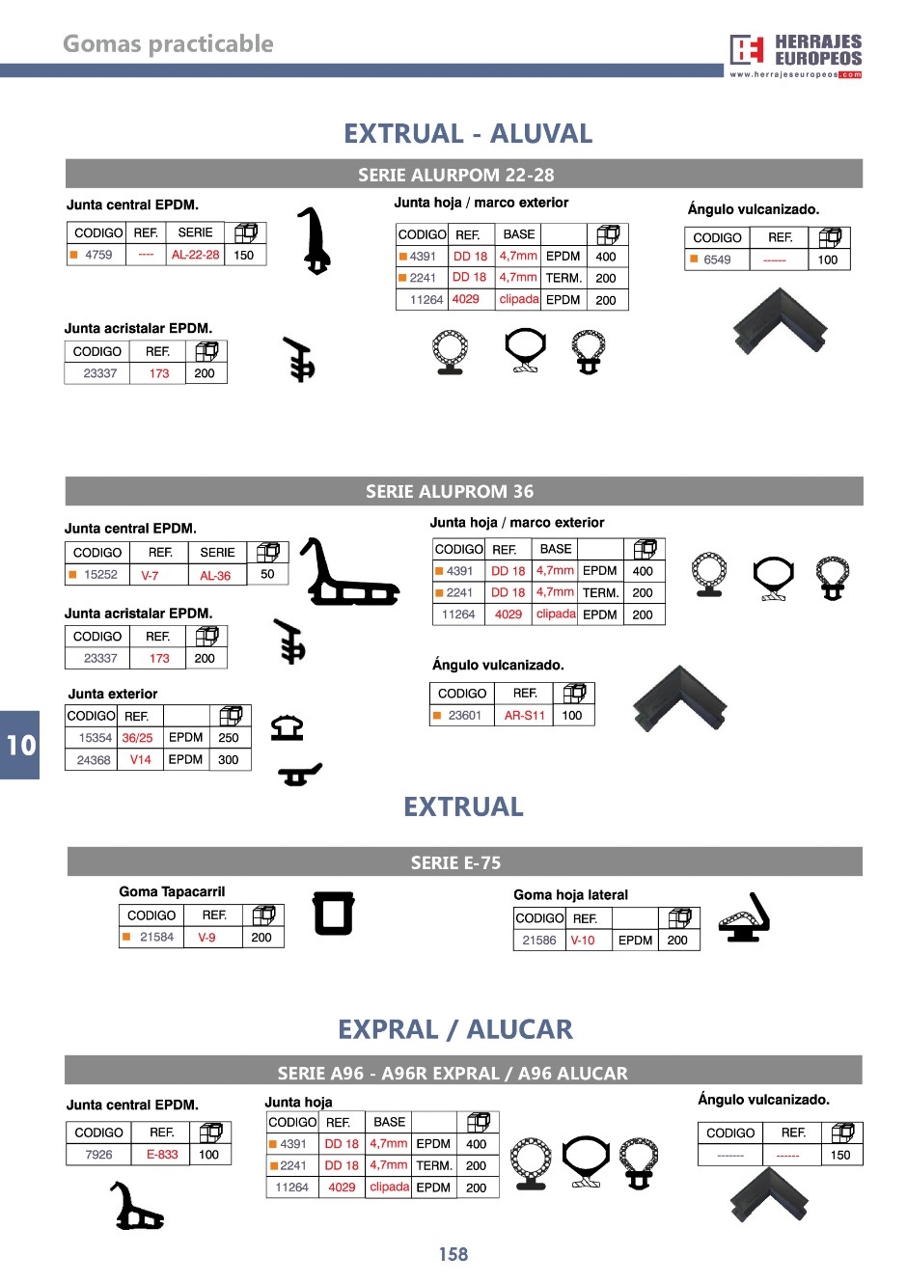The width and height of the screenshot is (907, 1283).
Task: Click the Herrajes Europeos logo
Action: pyautogui.click(x=795, y=56)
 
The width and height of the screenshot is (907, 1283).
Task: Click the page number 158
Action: pyautogui.click(x=453, y=1254)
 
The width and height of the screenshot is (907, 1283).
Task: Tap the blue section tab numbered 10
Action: pyautogui.click(x=20, y=745)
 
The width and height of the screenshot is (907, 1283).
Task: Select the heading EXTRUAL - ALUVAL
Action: pyautogui.click(x=468, y=133)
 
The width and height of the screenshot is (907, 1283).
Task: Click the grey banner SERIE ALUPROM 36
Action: pyautogui.click(x=450, y=491)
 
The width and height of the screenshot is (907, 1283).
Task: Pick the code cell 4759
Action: pyautogui.click(x=98, y=255)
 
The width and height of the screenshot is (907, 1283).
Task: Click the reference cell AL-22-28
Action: pyautogui.click(x=195, y=255)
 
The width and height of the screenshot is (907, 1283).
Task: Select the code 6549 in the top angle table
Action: pyautogui.click(x=717, y=259)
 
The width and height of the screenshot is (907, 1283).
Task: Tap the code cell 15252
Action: pyautogui.click(x=100, y=574)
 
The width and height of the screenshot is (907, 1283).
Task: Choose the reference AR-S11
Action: pyautogui.click(x=524, y=716)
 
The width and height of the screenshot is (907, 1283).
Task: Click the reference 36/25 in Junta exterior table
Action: pyautogui.click(x=137, y=738)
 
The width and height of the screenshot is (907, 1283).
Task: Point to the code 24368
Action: pyautogui.click(x=94, y=760)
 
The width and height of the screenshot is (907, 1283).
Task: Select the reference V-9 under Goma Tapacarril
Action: pyautogui.click(x=206, y=937)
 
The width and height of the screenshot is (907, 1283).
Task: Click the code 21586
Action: pyautogui.click(x=539, y=941)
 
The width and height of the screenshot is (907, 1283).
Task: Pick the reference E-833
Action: pyautogui.click(x=162, y=1155)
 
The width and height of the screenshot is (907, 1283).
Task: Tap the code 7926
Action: pyautogui.click(x=98, y=1155)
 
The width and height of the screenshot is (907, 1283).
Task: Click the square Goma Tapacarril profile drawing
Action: pyautogui.click(x=334, y=913)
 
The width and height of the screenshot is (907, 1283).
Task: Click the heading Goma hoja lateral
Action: pyautogui.click(x=570, y=894)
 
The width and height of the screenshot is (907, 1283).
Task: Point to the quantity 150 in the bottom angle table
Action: pyautogui.click(x=840, y=1155)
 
